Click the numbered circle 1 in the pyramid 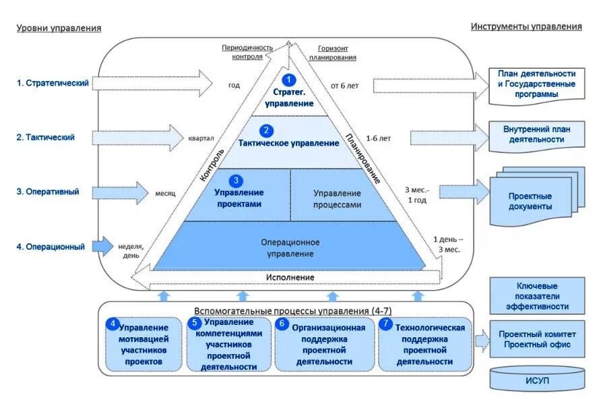pos(288,80)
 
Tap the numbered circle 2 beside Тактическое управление pos(266,130)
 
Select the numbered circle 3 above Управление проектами pos(236,181)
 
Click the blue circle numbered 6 pos(282,324)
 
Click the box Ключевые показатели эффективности pos(538,296)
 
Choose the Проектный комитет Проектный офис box pos(538,339)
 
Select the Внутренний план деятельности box pos(536,135)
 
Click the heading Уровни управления pos(59,28)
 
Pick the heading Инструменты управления pos(526,26)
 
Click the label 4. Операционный pos(51,247)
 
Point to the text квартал pos(201,138)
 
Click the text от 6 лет pos(344,86)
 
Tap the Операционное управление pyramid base pos(290,247)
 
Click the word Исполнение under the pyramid pos(290,277)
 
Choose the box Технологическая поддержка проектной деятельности pos(425,344)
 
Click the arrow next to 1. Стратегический pos(152,83)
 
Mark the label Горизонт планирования pos(333,53)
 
